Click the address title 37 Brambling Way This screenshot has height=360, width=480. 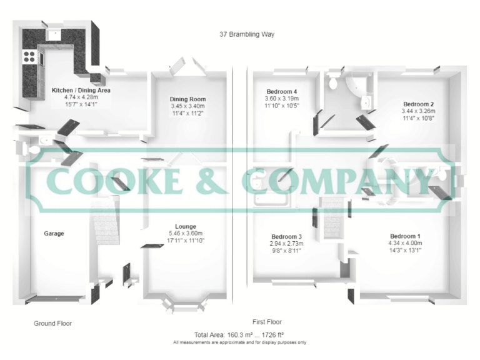[x=246, y=34]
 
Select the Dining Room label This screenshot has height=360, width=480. [x=188, y=99]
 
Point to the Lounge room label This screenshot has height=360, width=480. [x=186, y=226]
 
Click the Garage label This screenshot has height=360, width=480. [x=54, y=234]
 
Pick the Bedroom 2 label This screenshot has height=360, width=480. [x=418, y=104]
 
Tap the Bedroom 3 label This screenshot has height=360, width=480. [x=286, y=236]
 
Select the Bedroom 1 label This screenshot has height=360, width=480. [x=405, y=236]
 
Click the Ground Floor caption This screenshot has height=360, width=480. [x=52, y=324]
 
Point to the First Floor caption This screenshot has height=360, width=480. [x=267, y=322]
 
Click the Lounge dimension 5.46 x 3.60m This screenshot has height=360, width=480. [x=186, y=233]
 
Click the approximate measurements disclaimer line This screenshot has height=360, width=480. [x=240, y=342]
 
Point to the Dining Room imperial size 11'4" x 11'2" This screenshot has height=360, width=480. [x=188, y=113]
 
